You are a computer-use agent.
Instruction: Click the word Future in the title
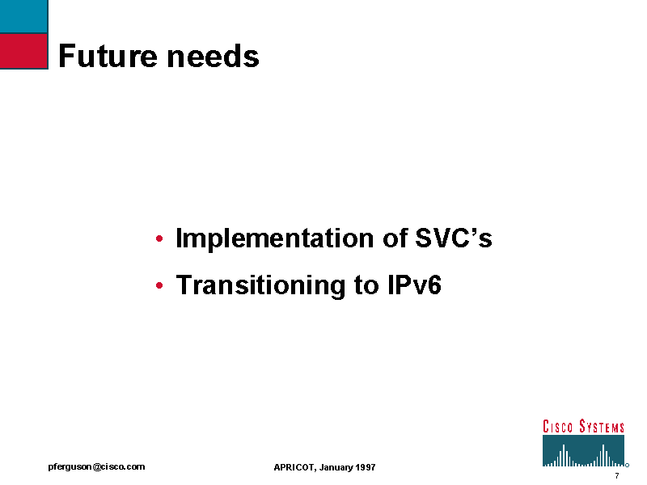108,56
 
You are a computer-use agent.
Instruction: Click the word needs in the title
214,56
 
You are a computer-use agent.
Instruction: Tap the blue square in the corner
24,16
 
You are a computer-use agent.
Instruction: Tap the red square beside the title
24,51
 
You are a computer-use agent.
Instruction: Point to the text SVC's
454,238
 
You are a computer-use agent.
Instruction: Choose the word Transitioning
260,285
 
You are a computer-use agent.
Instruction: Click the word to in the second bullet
366,285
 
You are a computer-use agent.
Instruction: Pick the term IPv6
415,285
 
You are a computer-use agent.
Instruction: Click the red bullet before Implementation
159,238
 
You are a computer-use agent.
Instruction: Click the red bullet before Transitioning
159,285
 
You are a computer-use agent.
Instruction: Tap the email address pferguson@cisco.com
96,467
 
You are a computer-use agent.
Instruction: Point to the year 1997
366,467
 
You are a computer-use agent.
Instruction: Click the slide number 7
617,475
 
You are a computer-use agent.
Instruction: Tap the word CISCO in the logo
557,427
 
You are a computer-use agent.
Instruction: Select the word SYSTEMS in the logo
602,427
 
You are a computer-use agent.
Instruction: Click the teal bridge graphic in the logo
583,451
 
